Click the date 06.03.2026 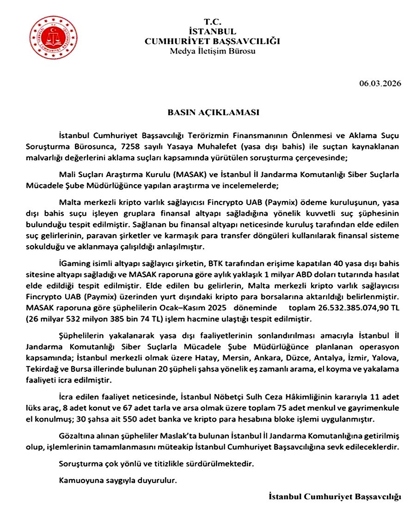pyautogui.click(x=380, y=84)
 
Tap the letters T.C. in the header pyautogui.click(x=213, y=22)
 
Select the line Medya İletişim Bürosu pyautogui.click(x=213, y=51)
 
